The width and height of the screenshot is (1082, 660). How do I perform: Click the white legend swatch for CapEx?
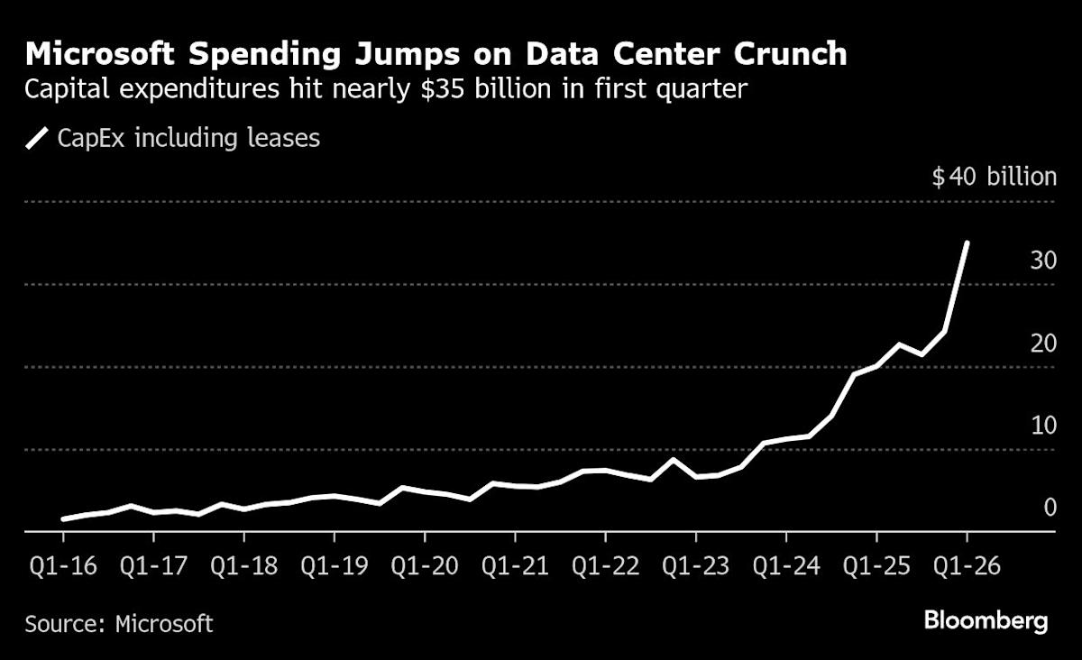37,139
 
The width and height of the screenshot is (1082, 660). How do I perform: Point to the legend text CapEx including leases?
188,139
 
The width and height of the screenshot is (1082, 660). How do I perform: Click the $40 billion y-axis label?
994,176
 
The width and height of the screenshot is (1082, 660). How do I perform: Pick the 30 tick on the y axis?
1043,261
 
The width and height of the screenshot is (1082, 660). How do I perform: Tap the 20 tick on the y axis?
1043,344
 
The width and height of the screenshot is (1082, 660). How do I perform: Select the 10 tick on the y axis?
1043,426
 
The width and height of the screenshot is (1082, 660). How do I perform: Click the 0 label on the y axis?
1050,508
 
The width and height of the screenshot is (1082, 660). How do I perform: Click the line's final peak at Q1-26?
967,243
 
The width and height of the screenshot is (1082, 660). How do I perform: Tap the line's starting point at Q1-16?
63,519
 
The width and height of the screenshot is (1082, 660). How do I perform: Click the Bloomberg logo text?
986,621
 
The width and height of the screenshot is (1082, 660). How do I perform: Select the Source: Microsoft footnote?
119,623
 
